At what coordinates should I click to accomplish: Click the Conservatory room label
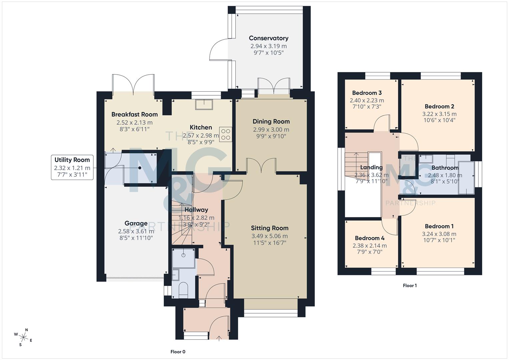(x=268, y=38)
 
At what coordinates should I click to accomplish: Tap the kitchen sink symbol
(x=204, y=104)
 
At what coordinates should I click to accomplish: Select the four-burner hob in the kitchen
(x=225, y=134)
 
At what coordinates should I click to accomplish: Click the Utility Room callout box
(x=72, y=167)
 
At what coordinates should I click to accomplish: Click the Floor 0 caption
(x=178, y=352)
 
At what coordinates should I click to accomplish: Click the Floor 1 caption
(x=410, y=285)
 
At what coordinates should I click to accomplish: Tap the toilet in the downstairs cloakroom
(x=183, y=289)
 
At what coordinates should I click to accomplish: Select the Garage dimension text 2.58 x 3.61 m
(x=136, y=231)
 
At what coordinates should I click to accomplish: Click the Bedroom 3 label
(x=367, y=93)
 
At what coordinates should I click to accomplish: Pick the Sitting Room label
(x=269, y=228)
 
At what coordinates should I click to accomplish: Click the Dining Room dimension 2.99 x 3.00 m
(x=271, y=129)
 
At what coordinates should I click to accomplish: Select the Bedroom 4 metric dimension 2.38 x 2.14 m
(x=370, y=246)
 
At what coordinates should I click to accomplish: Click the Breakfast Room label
(x=134, y=114)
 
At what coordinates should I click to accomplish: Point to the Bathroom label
(x=445, y=168)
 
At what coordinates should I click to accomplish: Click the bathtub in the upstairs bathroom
(x=466, y=178)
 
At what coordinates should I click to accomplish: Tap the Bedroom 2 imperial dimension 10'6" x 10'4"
(x=439, y=120)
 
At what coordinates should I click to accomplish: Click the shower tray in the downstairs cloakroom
(x=183, y=258)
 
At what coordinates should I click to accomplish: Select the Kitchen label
(x=201, y=127)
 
